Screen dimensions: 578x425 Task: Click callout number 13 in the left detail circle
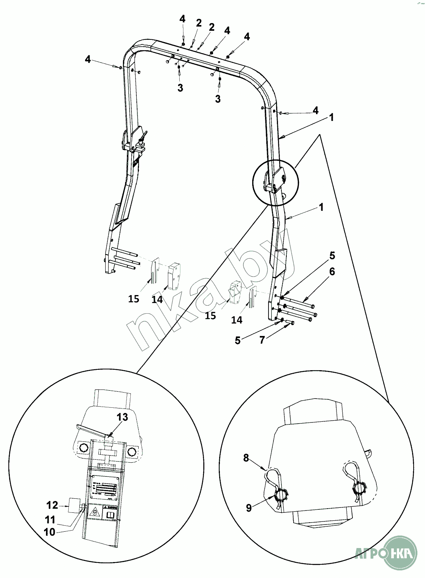pyautogui.click(x=122, y=417)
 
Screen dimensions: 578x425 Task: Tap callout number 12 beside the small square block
pyautogui.click(x=52, y=505)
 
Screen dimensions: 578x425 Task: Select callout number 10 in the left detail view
pyautogui.click(x=50, y=532)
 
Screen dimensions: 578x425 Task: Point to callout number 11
pyautogui.click(x=50, y=520)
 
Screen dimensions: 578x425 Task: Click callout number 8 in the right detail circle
pyautogui.click(x=246, y=458)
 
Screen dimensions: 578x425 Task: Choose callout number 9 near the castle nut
pyautogui.click(x=249, y=508)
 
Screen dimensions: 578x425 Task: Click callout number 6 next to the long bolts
pyautogui.click(x=332, y=272)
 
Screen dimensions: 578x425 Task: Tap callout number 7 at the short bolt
pyautogui.click(x=262, y=340)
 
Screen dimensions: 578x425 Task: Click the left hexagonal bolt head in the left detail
pyautogui.click(x=82, y=449)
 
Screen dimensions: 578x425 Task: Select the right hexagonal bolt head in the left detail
pyautogui.click(x=132, y=451)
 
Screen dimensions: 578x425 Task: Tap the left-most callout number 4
pyautogui.click(x=88, y=59)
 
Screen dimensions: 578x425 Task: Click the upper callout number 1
pyautogui.click(x=332, y=118)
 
